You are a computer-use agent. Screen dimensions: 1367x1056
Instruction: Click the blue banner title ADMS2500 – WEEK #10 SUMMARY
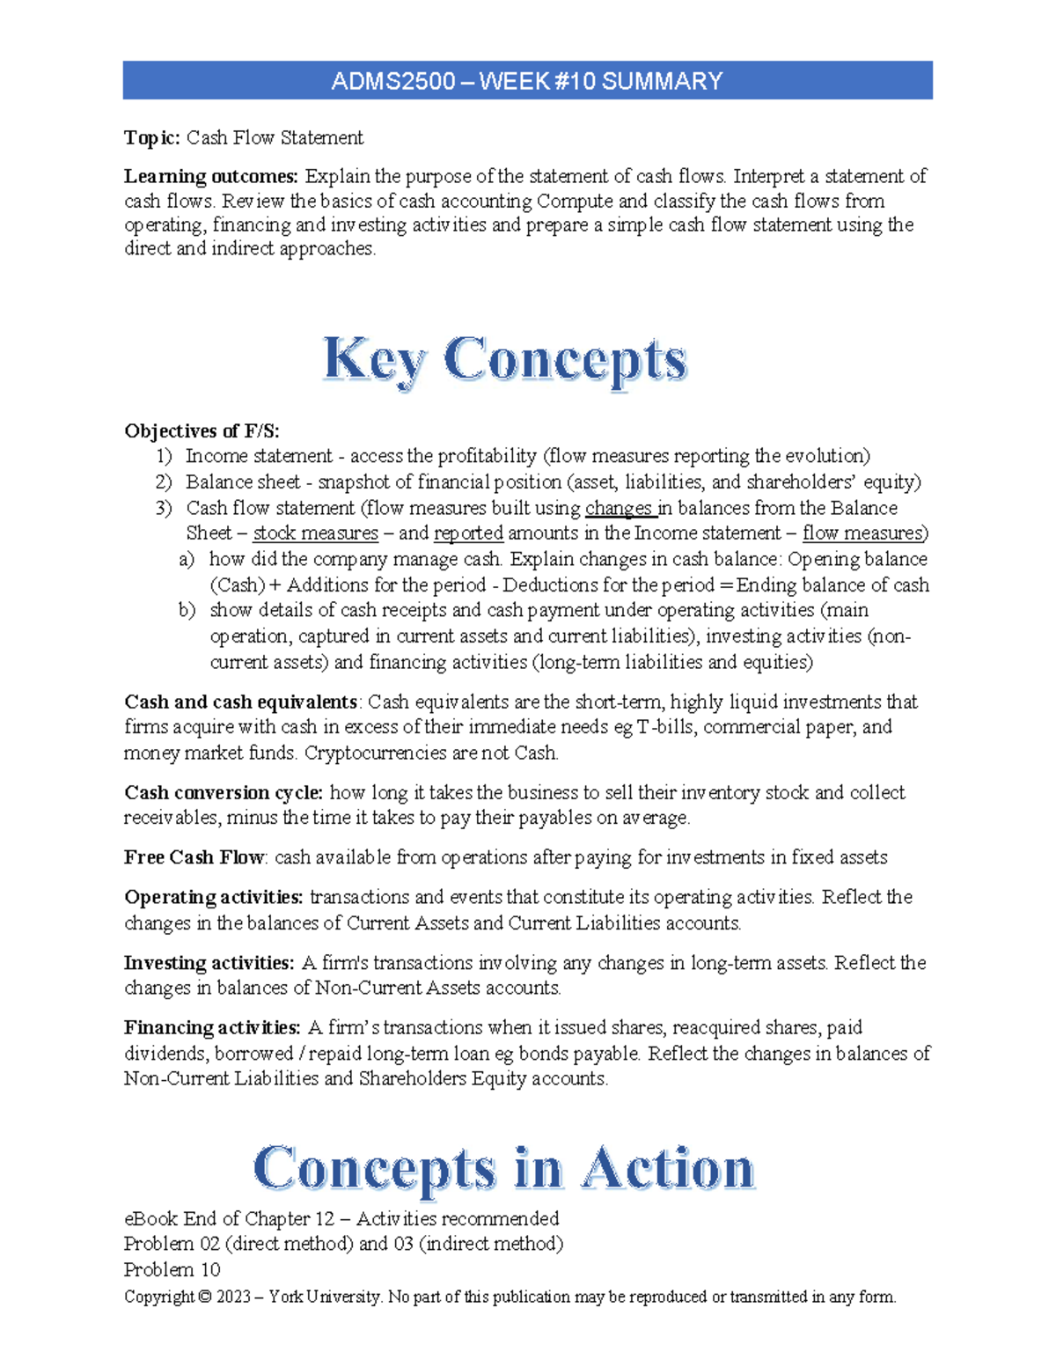(526, 81)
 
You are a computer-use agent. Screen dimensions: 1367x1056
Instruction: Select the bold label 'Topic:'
(151, 138)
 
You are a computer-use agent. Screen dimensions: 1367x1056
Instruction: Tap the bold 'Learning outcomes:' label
(210, 177)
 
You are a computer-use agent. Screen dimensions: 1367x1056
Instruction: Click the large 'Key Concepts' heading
(505, 360)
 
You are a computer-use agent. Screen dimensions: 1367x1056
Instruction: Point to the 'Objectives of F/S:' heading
(202, 430)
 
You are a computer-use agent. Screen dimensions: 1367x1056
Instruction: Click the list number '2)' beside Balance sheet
(164, 482)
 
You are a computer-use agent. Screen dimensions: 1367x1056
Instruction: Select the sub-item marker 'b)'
(187, 611)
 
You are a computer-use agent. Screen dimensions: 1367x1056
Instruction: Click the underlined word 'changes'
(618, 508)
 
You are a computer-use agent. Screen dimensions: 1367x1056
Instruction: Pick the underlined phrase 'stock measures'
(315, 533)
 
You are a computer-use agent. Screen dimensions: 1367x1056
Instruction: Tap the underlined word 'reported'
(468, 533)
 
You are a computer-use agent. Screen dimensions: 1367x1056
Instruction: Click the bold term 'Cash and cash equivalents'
(240, 702)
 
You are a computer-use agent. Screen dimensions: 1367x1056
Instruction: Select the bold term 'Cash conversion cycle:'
(223, 793)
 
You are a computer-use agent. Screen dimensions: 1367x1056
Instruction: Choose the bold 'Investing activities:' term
(209, 963)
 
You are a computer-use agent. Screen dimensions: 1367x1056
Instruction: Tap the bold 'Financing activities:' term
(212, 1028)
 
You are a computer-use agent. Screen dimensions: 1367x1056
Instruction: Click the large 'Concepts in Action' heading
(503, 1169)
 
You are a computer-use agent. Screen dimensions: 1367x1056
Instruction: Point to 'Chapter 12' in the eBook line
(289, 1219)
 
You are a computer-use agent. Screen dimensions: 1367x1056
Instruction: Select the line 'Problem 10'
(172, 1270)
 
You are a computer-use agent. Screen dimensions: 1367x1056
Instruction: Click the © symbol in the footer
(204, 1297)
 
